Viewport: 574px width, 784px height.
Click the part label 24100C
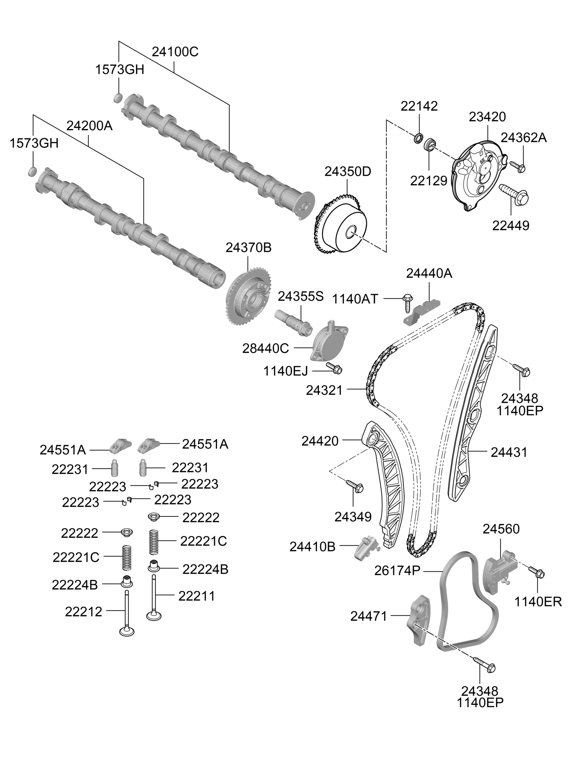click(175, 52)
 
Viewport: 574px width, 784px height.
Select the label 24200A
click(89, 126)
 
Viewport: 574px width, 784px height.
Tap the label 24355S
click(301, 296)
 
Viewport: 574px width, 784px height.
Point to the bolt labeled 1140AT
click(407, 303)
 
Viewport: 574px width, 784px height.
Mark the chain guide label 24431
click(509, 452)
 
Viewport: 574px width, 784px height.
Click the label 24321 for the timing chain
click(324, 390)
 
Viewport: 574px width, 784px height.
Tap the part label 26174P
click(397, 571)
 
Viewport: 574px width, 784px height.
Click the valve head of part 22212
click(127, 631)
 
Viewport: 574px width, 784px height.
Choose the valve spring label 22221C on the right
click(203, 541)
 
